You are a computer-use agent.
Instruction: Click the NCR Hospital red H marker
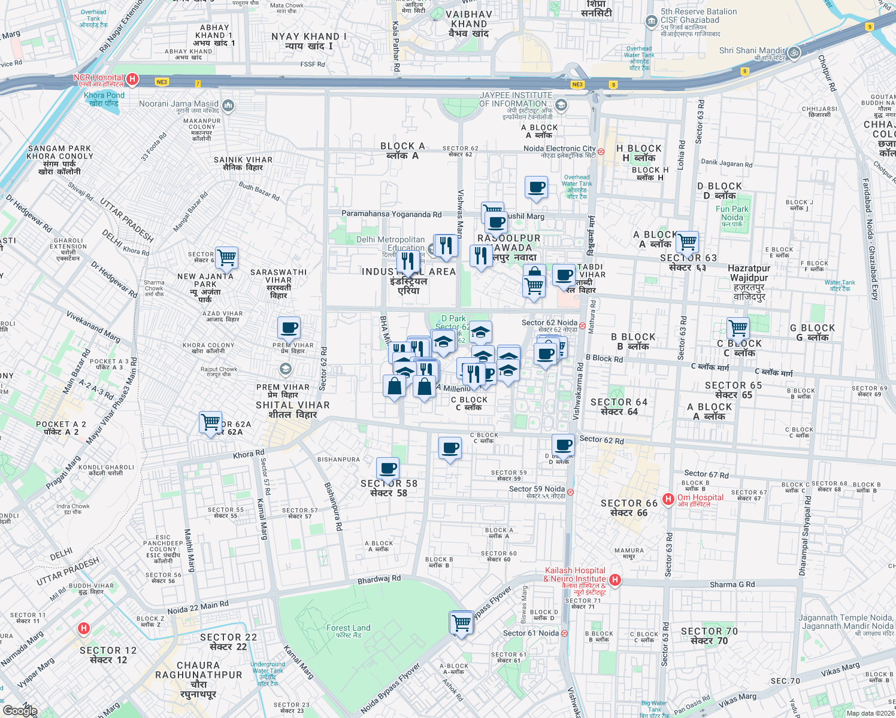tap(133, 79)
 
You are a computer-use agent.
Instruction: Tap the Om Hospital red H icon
tap(668, 498)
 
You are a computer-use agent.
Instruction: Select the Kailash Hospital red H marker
tap(615, 580)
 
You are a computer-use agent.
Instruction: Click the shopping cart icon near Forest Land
tap(461, 623)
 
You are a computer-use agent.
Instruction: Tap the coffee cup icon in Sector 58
tap(388, 468)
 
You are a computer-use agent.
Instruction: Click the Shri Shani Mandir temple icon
tap(794, 52)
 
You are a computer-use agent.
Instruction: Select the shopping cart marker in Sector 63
tap(688, 242)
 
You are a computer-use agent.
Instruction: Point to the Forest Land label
tap(348, 628)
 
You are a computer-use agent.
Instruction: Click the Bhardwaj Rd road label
tap(379, 580)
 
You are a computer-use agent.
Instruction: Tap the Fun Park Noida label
tap(732, 214)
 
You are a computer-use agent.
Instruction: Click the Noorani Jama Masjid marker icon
tap(228, 106)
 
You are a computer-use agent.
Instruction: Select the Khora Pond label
tap(104, 96)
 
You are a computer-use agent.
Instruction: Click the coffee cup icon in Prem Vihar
tap(289, 328)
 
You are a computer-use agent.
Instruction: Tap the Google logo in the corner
tap(20, 710)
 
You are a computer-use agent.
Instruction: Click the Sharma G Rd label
tap(732, 585)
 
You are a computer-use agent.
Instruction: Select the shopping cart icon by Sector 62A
tap(210, 422)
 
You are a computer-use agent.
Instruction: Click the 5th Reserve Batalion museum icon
tap(652, 22)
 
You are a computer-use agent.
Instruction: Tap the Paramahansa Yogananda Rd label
tap(391, 214)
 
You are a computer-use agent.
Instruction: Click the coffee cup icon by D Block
tap(563, 445)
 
